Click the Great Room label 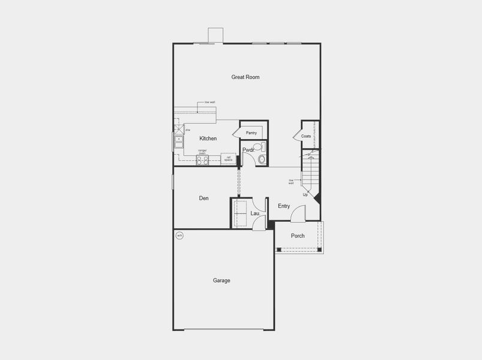pos(245,77)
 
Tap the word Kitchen pos(208,139)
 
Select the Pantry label pos(251,133)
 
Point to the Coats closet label pos(306,136)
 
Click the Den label pos(204,198)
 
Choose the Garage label pos(221,280)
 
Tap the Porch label pos(298,236)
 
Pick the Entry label pos(284,206)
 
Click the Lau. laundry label pos(255,213)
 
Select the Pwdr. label pos(248,150)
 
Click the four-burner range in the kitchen pos(203,160)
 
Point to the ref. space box pos(228,159)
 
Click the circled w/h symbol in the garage pos(179,236)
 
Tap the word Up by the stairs pos(305,194)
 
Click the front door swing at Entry pos(299,214)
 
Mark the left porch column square pos(279,249)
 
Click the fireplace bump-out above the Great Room pos(215,35)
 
